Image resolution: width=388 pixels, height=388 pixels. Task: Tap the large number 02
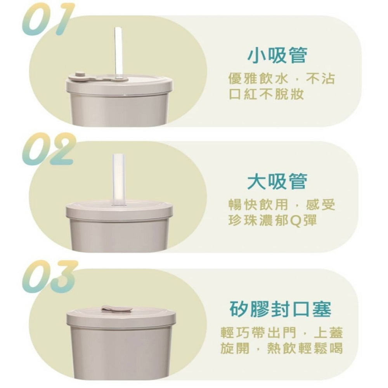click(48, 149)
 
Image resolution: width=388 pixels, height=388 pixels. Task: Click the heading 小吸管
click(277, 55)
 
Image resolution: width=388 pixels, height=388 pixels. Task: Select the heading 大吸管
click(277, 181)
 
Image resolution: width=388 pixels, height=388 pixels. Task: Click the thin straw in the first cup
click(118, 50)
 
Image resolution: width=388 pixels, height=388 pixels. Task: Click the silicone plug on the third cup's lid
click(116, 309)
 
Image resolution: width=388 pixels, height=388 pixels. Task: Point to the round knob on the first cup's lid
click(80, 74)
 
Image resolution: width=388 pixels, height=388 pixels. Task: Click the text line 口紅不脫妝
click(266, 94)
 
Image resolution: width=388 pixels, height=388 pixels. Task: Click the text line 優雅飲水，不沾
click(282, 79)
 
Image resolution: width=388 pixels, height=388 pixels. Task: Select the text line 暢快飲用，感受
click(282, 205)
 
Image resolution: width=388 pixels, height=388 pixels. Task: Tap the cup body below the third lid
click(120, 353)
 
